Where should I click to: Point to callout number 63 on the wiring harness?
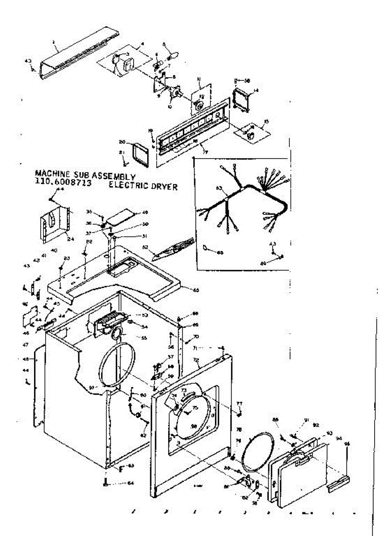click(219, 188)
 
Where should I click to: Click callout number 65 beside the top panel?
click(195, 290)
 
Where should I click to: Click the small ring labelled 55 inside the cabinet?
click(118, 332)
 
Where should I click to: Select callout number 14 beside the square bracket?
click(256, 91)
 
